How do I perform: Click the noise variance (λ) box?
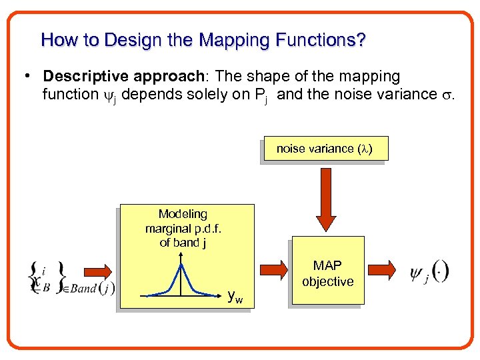(325, 149)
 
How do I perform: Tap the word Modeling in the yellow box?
(183, 214)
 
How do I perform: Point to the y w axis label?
(235, 297)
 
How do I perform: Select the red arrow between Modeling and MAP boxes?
(273, 271)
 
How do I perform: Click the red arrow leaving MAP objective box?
(382, 269)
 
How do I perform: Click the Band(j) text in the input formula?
(92, 289)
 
